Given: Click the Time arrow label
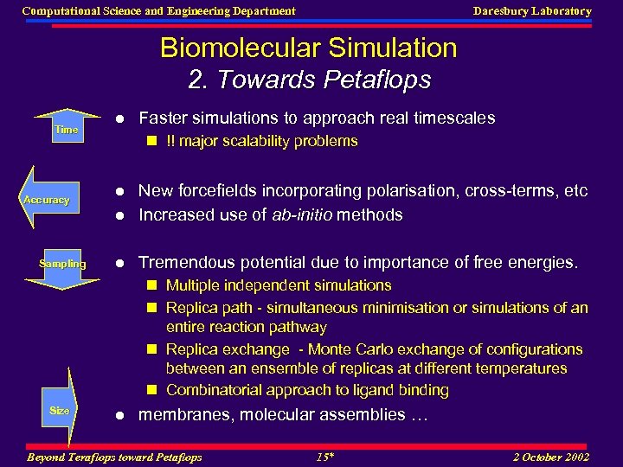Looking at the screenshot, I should click(x=67, y=130).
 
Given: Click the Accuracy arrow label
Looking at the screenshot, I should click(x=47, y=200).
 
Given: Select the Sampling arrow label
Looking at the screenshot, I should click(x=62, y=264).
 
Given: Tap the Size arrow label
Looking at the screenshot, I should click(x=60, y=411).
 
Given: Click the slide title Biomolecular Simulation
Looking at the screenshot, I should click(x=308, y=48).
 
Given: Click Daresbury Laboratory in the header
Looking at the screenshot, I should click(x=532, y=11).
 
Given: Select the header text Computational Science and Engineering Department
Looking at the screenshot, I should click(x=158, y=11).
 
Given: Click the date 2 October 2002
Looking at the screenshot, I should click(x=550, y=457).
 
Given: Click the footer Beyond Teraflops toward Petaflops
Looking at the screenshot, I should click(x=114, y=457).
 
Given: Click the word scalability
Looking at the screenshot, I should click(x=255, y=141).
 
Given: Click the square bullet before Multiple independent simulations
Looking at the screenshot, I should click(x=151, y=285).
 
